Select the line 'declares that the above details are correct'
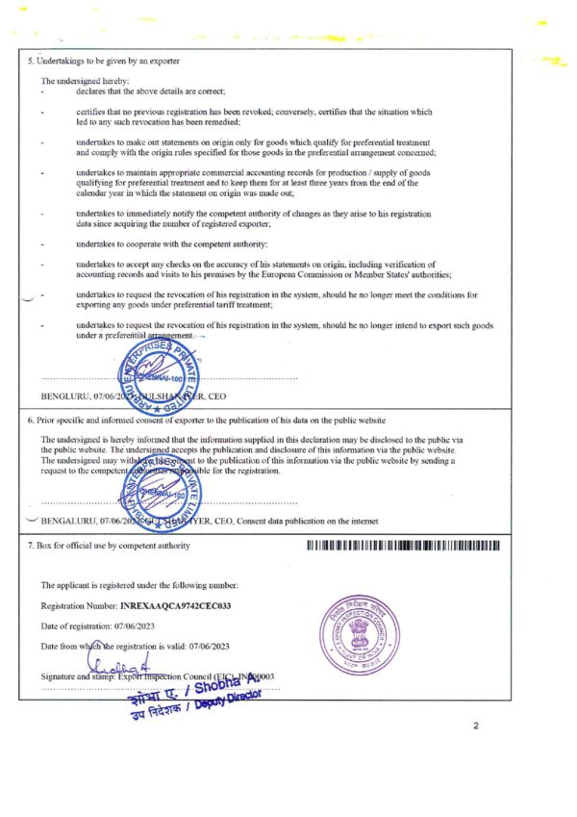tap(150, 90)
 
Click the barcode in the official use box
tap(404, 546)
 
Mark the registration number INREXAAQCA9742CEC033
tap(176, 606)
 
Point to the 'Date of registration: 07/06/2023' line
tap(99, 626)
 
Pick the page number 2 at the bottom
tap(475, 726)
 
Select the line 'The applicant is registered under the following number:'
tap(138, 585)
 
